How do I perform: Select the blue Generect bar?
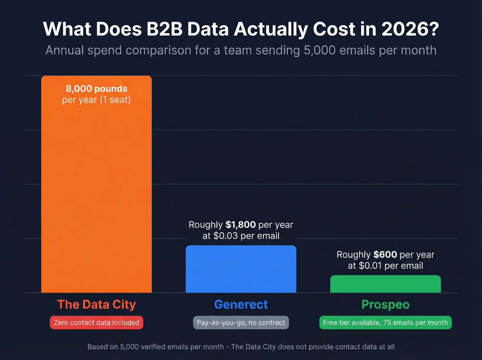(241, 269)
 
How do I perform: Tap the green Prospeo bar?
(385, 284)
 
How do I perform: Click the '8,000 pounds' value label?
(96, 89)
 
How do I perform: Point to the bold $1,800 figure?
(240, 225)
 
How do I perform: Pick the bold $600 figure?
(385, 255)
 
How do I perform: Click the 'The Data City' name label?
(96, 305)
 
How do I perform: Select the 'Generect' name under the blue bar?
(241, 305)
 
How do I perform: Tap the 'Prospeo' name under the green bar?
(385, 305)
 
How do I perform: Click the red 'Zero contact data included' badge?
(96, 323)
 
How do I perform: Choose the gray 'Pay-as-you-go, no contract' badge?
(241, 323)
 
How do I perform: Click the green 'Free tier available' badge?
(385, 323)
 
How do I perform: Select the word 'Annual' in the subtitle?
(64, 50)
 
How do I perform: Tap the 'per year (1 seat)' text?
(96, 100)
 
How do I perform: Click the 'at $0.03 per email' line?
(241, 236)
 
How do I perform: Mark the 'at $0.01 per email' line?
(385, 266)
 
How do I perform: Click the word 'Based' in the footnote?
(97, 347)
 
